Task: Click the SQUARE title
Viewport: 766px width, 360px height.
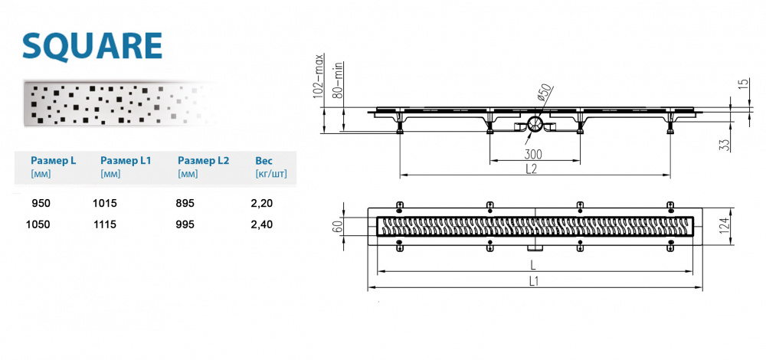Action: [x=92, y=46]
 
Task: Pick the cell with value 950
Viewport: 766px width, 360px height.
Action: [x=41, y=203]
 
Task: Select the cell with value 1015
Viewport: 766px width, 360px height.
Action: [x=105, y=203]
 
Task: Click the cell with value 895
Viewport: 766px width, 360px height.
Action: [x=185, y=203]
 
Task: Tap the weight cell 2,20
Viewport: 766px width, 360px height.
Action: [x=261, y=203]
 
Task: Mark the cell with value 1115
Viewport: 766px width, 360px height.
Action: [x=105, y=224]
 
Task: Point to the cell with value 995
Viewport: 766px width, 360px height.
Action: [x=185, y=224]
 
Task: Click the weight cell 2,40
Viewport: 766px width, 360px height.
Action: [x=261, y=224]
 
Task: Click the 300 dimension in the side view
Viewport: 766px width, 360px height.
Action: [x=533, y=155]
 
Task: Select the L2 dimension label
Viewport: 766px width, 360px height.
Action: [x=532, y=169]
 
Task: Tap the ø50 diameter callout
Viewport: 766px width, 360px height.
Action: [x=544, y=93]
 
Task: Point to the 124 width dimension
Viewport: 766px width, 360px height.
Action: [x=741, y=226]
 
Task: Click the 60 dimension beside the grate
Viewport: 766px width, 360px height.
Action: [x=339, y=226]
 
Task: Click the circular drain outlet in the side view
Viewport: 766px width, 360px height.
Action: [x=535, y=124]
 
